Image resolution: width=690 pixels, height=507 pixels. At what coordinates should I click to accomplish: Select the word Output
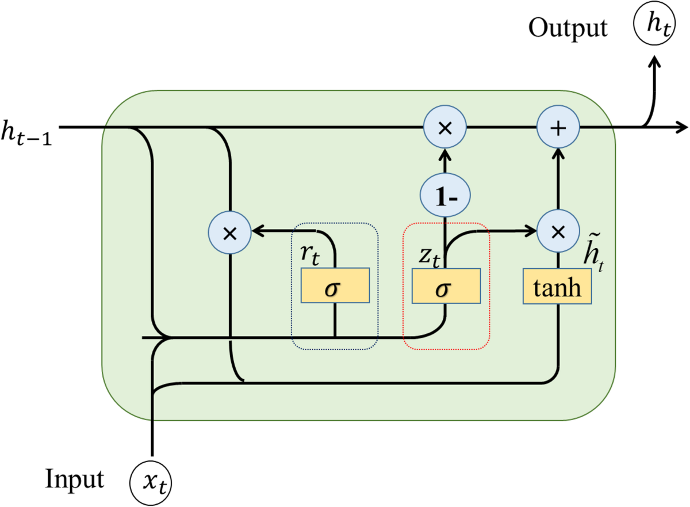click(568, 28)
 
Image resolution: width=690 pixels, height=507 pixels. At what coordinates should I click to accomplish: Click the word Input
click(75, 479)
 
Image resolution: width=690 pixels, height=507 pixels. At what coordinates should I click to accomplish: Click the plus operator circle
click(557, 128)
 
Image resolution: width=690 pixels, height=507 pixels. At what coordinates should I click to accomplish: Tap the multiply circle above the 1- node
click(444, 128)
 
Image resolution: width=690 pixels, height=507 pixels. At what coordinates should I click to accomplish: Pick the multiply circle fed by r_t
click(229, 232)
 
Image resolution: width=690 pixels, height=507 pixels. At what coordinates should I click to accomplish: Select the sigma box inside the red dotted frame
click(446, 286)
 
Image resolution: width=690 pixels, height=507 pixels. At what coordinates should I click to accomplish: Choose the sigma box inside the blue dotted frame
click(334, 286)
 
